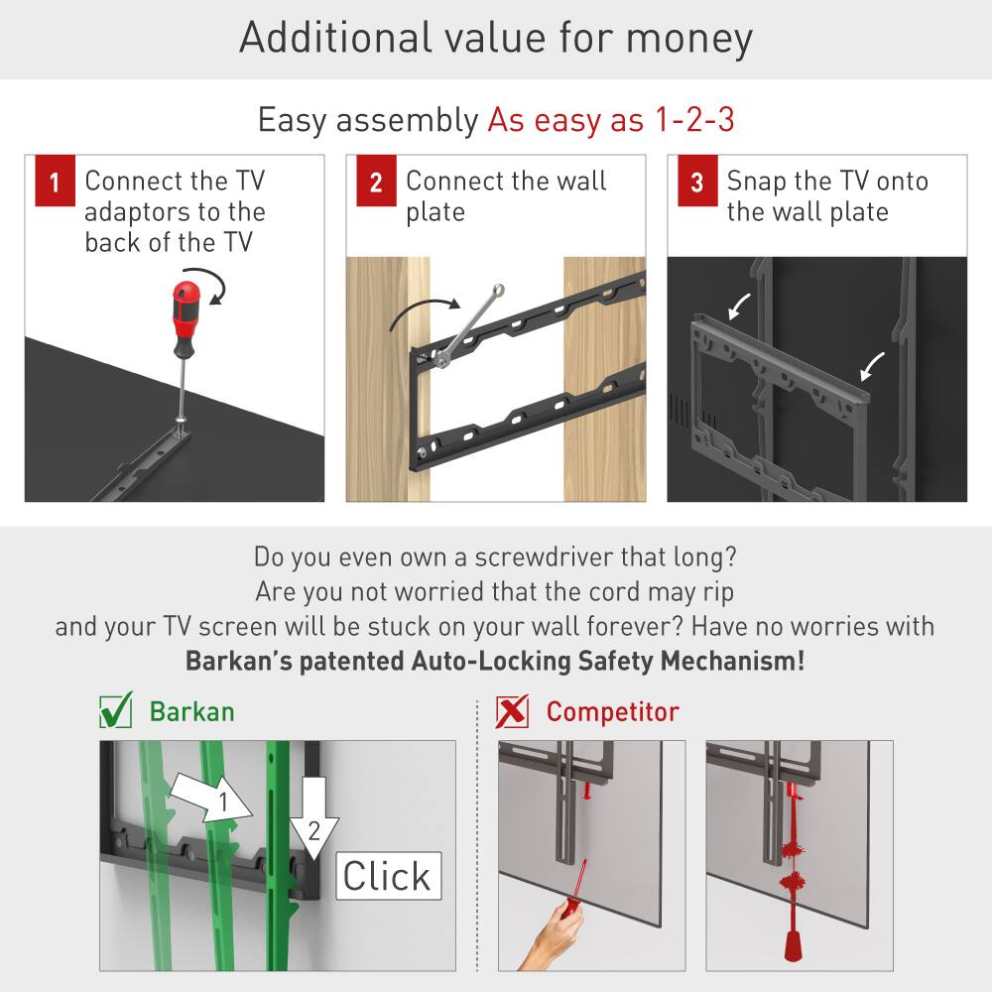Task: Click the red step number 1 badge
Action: coord(56,183)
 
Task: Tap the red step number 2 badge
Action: coord(376,183)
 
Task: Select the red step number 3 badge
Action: coord(696,183)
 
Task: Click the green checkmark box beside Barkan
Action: coord(116,711)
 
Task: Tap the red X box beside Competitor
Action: coord(512,711)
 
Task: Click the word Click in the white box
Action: coord(387,877)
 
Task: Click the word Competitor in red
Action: coord(612,712)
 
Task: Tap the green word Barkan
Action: coord(191,712)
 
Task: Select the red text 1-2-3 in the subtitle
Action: coord(693,120)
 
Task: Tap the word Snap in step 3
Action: coord(756,182)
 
